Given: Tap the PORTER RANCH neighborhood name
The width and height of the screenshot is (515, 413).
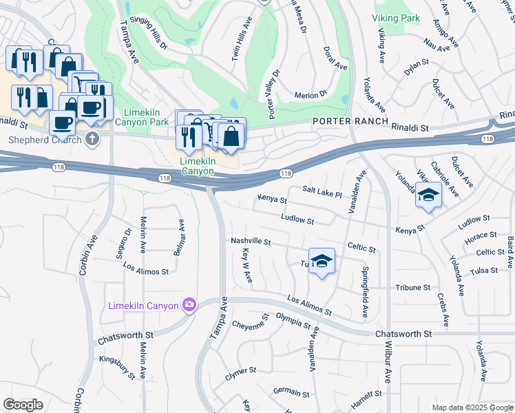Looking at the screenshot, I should (x=341, y=122).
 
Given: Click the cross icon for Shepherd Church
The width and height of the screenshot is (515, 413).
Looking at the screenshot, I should (x=93, y=140).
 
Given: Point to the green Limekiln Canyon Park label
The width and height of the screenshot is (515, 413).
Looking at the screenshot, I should (x=146, y=117).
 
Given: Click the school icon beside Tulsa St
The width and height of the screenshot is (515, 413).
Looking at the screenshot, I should (x=322, y=262).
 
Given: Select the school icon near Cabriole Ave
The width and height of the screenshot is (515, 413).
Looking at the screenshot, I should (x=428, y=196).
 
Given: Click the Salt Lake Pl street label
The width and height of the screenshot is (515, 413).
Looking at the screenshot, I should (x=322, y=191).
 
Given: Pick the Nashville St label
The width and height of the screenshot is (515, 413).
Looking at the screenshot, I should (x=251, y=242).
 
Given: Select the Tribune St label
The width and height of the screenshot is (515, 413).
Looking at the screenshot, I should (x=412, y=287).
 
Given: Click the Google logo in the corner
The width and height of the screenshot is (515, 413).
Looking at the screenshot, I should (x=22, y=405).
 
